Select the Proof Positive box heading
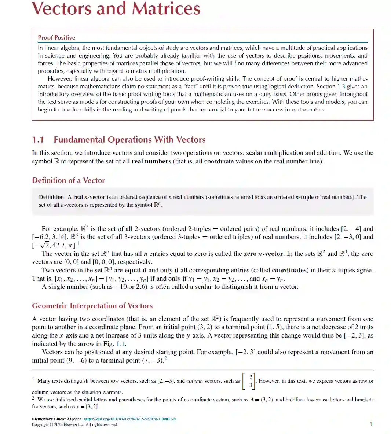pos(56,37)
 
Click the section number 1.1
pos(38,140)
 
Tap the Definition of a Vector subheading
pos(68,180)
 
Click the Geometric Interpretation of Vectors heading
pos(92,306)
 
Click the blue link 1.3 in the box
pos(341,87)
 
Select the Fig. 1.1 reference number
pos(121,344)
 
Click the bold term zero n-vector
pos(263,254)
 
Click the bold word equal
pos(132,270)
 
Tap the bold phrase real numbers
pos(151,161)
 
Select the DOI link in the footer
pos(129,419)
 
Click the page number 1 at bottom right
pos(371,424)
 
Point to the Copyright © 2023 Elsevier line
pos(75,424)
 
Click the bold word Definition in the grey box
pos(51,197)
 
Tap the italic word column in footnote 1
pos(194,381)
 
